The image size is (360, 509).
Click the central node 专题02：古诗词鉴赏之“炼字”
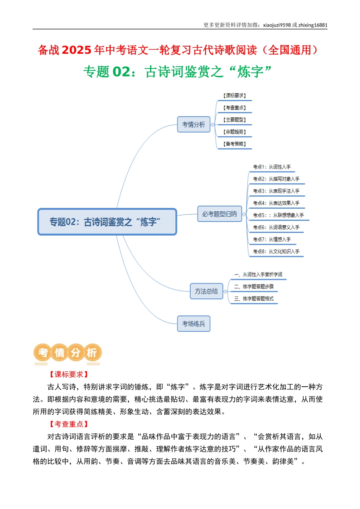click(107, 222)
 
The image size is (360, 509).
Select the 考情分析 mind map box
click(194, 124)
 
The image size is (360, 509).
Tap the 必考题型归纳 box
click(219, 214)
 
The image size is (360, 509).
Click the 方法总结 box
click(206, 291)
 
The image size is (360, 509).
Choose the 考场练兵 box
click(194, 324)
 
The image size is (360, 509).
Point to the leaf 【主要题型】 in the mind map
click(235, 120)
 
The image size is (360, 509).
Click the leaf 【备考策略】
click(235, 144)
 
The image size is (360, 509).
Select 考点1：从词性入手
click(272, 167)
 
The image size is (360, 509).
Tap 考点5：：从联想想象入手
click(278, 215)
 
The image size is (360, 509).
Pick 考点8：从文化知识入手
click(276, 251)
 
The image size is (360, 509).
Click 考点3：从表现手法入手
click(276, 191)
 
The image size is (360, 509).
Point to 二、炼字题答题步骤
click(254, 287)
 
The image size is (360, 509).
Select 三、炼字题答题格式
click(254, 299)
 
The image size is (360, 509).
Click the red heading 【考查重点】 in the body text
click(69, 424)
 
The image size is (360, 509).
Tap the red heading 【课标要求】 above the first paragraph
click(69, 374)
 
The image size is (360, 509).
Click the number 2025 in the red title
click(76, 50)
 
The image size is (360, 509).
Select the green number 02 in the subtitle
click(121, 72)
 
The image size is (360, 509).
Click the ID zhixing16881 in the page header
click(313, 25)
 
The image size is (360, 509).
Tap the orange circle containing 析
click(92, 353)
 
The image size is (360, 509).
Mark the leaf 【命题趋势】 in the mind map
click(235, 132)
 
